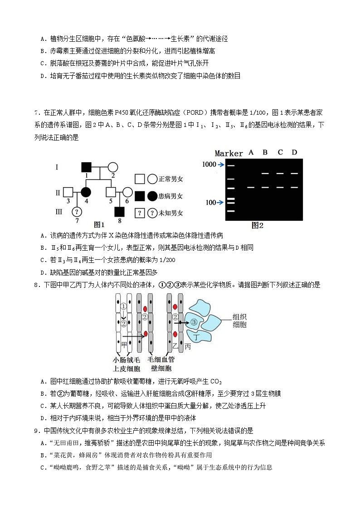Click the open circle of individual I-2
tap(113, 168)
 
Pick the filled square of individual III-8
tap(119, 211)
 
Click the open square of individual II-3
tap(68, 193)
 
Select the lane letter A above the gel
tap(251, 153)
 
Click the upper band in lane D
tap(294, 173)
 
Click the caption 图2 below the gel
tap(257, 225)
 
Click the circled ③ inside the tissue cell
tap(193, 322)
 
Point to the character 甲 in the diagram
tap(124, 345)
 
